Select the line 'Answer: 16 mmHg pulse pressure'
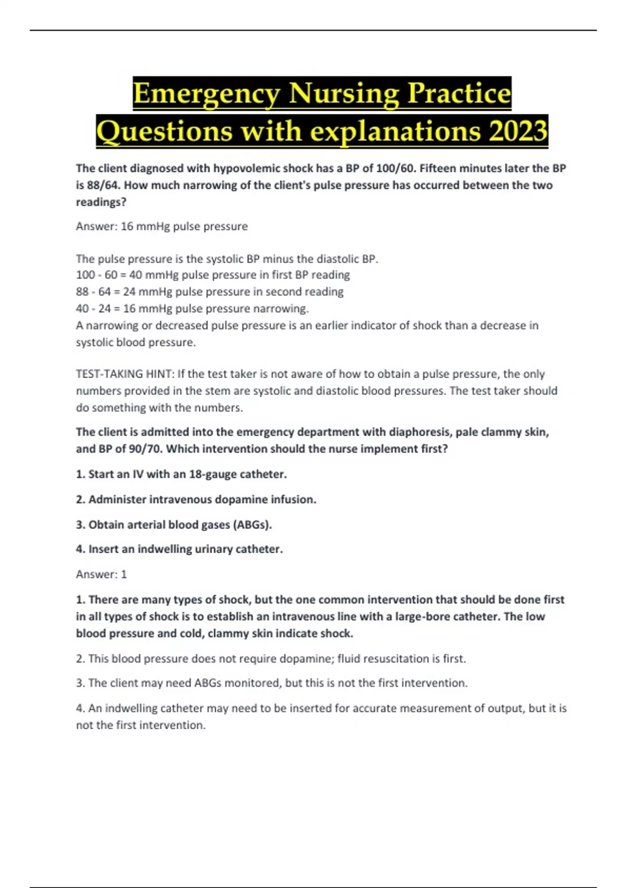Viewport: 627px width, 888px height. [x=162, y=226]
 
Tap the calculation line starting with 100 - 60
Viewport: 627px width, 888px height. [x=213, y=275]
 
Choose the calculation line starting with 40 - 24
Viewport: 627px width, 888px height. [x=192, y=308]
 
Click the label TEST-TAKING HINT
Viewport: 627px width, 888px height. [x=124, y=374]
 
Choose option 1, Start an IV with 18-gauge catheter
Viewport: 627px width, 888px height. [x=181, y=474]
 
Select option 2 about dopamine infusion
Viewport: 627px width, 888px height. [x=196, y=499]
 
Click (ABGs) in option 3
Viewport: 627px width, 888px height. [x=252, y=524]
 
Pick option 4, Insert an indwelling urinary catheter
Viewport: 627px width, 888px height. [x=179, y=549]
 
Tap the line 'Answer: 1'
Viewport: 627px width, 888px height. [x=101, y=574]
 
